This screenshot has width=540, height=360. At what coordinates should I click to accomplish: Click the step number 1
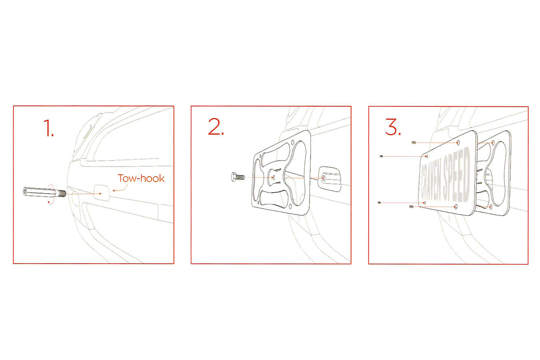[x=48, y=128]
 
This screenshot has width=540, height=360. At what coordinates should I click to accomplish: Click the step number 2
[x=216, y=126]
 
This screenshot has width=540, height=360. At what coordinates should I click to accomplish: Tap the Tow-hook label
[x=141, y=178]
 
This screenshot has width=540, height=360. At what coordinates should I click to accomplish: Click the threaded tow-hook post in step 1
[x=44, y=192]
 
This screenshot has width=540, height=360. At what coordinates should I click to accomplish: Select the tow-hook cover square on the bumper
[x=102, y=193]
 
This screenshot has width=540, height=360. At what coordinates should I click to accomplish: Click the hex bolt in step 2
[x=238, y=177]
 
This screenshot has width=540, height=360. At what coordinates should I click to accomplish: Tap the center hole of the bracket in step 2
[x=273, y=178]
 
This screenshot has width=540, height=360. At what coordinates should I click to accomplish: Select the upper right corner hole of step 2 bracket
[x=293, y=142]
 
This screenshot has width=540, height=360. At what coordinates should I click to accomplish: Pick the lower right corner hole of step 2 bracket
[x=290, y=206]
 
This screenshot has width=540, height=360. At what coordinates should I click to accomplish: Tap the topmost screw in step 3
[x=414, y=143]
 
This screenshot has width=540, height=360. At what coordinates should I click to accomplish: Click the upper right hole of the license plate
[x=458, y=143]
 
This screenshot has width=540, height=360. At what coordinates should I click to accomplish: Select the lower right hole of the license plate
[x=455, y=206]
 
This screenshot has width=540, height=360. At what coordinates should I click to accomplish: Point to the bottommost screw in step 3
[x=412, y=206]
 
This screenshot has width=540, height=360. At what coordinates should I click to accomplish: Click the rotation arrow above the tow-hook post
[x=51, y=186]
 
